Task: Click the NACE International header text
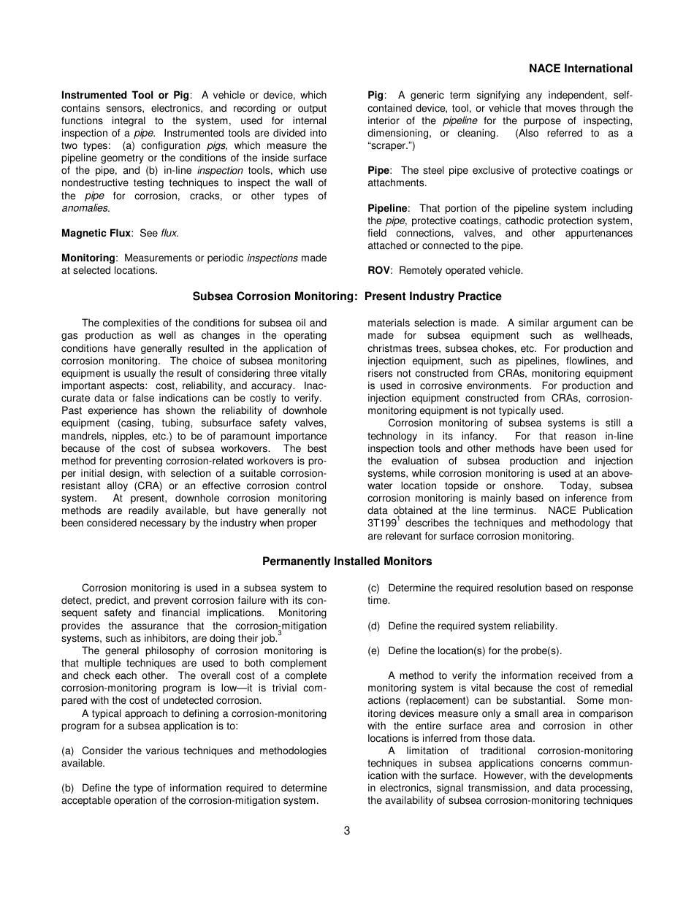(580, 69)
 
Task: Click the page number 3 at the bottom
(347, 830)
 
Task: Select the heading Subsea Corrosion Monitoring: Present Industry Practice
(347, 296)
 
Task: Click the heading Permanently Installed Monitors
(347, 561)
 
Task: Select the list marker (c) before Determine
(374, 588)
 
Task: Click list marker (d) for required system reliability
(374, 626)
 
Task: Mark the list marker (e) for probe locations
(374, 651)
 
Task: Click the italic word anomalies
(85, 208)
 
